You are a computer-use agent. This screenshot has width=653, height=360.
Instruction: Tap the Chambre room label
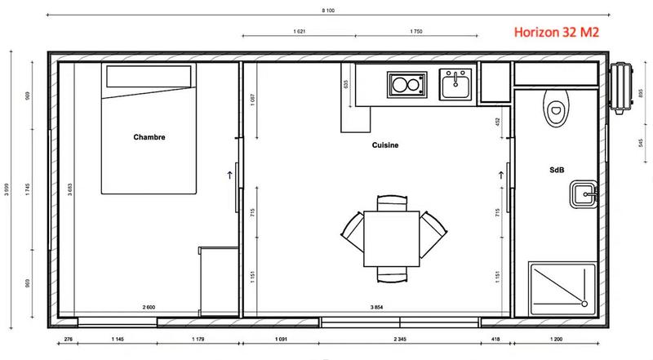(149, 137)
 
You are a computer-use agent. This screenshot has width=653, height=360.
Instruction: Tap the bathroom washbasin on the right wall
(583, 194)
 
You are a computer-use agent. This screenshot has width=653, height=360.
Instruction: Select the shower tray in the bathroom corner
(562, 287)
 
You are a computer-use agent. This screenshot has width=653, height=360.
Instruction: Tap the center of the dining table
(393, 238)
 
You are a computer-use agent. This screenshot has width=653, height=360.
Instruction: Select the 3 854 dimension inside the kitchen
(377, 307)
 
